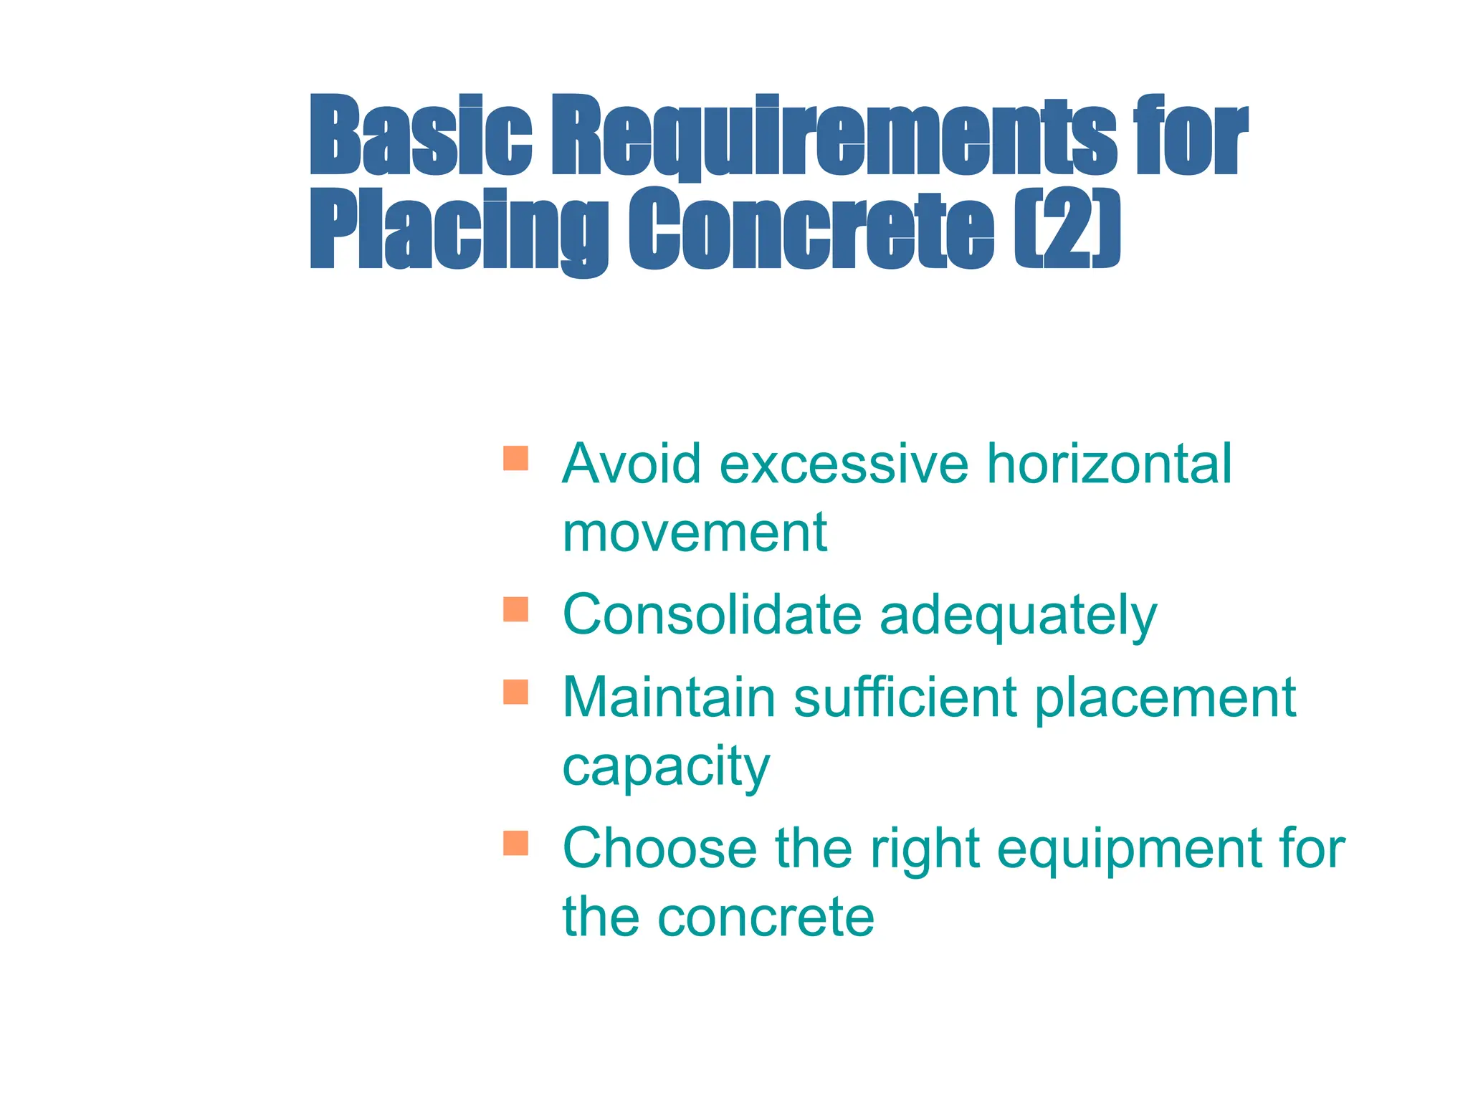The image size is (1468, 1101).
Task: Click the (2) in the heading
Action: pyautogui.click(x=1067, y=229)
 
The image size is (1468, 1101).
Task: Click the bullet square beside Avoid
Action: pyautogui.click(x=515, y=458)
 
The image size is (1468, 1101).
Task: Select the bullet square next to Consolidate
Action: pyautogui.click(x=515, y=609)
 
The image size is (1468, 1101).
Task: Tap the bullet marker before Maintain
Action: pyautogui.click(x=515, y=692)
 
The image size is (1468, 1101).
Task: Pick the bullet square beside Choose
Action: pyautogui.click(x=515, y=843)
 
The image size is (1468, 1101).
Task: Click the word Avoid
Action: pyautogui.click(x=631, y=464)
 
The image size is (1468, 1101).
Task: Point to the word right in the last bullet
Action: pyautogui.click(x=924, y=850)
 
